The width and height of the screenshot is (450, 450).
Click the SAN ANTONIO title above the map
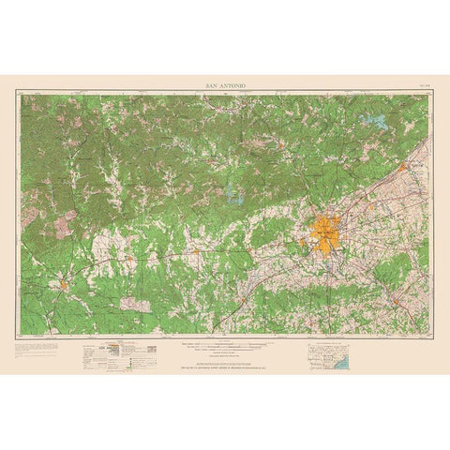(225, 84)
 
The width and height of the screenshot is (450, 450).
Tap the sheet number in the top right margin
(419, 85)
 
